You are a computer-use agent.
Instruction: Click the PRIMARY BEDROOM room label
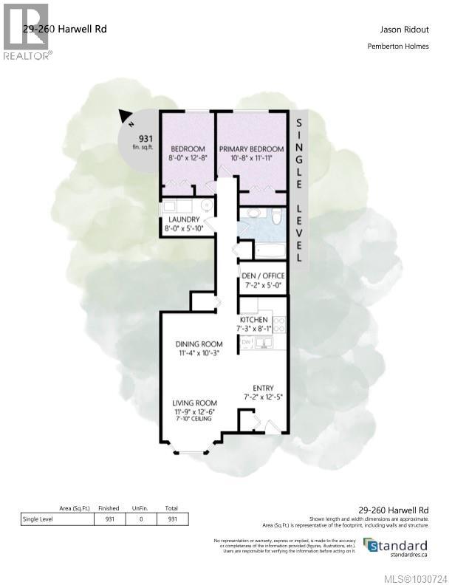[x=251, y=148]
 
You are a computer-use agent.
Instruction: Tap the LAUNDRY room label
[x=183, y=219]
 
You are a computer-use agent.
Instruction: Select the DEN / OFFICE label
[x=264, y=276]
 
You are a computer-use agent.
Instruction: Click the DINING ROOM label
[x=199, y=344]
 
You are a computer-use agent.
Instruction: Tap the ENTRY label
[x=263, y=388]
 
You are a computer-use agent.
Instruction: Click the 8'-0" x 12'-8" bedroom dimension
[x=187, y=157]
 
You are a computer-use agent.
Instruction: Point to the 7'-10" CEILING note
[x=194, y=419]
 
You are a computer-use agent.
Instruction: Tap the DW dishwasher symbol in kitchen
[x=246, y=342]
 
